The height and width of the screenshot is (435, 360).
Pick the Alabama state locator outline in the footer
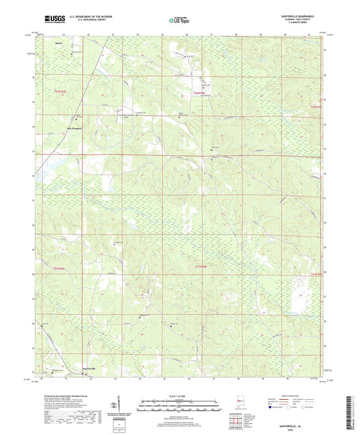(x=240, y=403)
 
